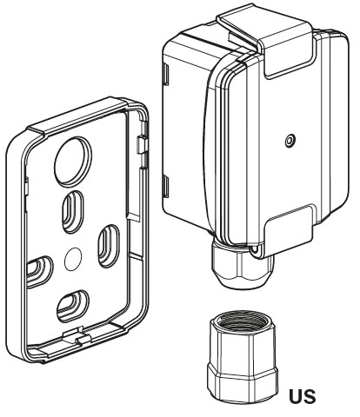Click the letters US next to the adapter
pyautogui.click(x=303, y=396)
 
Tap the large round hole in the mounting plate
pyautogui.click(x=73, y=162)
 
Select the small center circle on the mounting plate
pyautogui.click(x=73, y=259)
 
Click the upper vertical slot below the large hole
pyautogui.click(x=73, y=212)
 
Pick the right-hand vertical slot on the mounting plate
pyautogui.click(x=108, y=246)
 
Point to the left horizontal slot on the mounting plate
pyautogui.click(x=40, y=272)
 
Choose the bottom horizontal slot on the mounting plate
pyautogui.click(x=73, y=307)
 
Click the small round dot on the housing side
pyautogui.click(x=290, y=141)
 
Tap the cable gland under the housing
pyautogui.click(x=243, y=265)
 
